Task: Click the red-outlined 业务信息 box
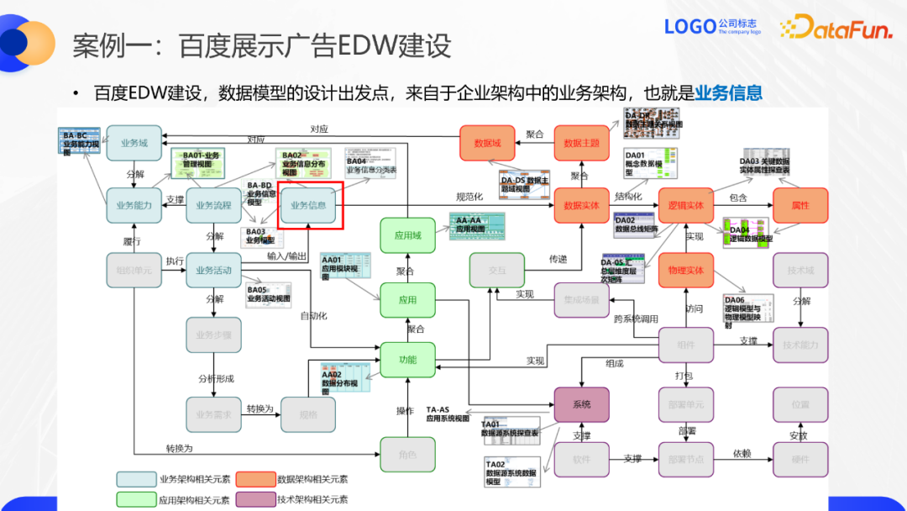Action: tap(309, 205)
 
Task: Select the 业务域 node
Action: tap(134, 144)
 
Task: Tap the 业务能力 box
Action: tap(134, 205)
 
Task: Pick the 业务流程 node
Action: tap(213, 205)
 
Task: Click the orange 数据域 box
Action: tap(487, 144)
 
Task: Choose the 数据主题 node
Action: tap(581, 144)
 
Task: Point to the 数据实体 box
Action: tap(581, 205)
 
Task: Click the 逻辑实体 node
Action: tap(685, 205)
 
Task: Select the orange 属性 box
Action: tap(800, 205)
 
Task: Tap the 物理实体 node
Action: tap(685, 271)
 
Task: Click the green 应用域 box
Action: tap(407, 236)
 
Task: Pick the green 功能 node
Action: tap(407, 360)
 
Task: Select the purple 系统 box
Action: tap(581, 404)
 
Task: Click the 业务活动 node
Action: tap(213, 271)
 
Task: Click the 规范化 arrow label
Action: tap(469, 197)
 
